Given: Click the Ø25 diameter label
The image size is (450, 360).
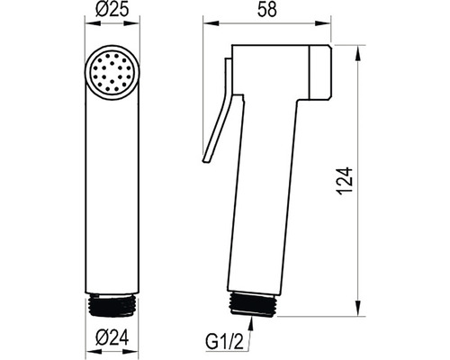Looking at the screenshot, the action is click(112, 9).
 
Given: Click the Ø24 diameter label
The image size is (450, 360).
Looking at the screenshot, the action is click(112, 337).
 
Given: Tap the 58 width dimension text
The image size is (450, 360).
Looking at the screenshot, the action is click(267, 9).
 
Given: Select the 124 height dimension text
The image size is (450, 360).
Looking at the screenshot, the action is click(345, 181).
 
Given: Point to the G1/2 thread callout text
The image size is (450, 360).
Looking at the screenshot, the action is click(224, 341).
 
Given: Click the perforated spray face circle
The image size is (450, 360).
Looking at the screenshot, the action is click(112, 73).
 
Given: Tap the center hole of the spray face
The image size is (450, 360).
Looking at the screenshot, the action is click(112, 73).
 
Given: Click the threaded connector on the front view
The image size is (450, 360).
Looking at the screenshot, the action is click(112, 305).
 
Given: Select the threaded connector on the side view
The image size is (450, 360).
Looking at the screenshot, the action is click(253, 304).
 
